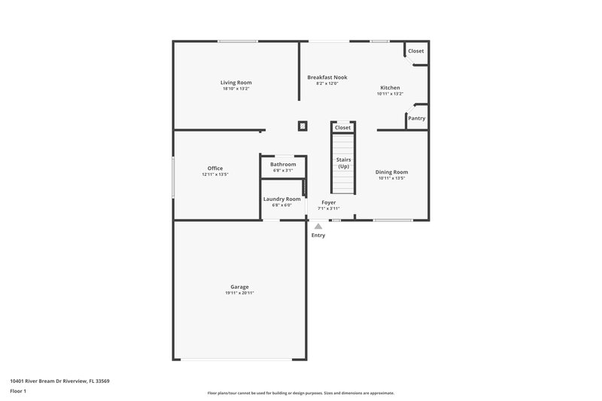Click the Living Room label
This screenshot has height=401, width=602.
(236, 82)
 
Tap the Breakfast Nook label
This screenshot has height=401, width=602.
(327, 77)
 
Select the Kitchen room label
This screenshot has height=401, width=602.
(390, 88)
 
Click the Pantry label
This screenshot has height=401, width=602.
(416, 118)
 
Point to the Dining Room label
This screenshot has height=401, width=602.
(391, 172)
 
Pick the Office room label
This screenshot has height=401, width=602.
(214, 168)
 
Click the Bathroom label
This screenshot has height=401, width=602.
(283, 164)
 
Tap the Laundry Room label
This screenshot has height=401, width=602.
(281, 199)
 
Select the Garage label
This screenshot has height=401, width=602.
(239, 287)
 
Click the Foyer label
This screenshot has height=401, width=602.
(328, 202)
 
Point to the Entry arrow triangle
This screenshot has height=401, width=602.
(318, 226)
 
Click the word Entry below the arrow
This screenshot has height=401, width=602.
(318, 235)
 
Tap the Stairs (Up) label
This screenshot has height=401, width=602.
(343, 163)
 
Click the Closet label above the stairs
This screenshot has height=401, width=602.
(342, 128)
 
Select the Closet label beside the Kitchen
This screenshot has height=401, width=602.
(415, 51)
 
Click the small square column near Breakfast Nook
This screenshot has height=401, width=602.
(303, 126)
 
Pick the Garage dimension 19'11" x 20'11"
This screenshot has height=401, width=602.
(239, 293)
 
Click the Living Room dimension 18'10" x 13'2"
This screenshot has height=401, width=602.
(236, 89)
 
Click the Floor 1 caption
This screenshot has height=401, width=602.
(19, 392)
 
